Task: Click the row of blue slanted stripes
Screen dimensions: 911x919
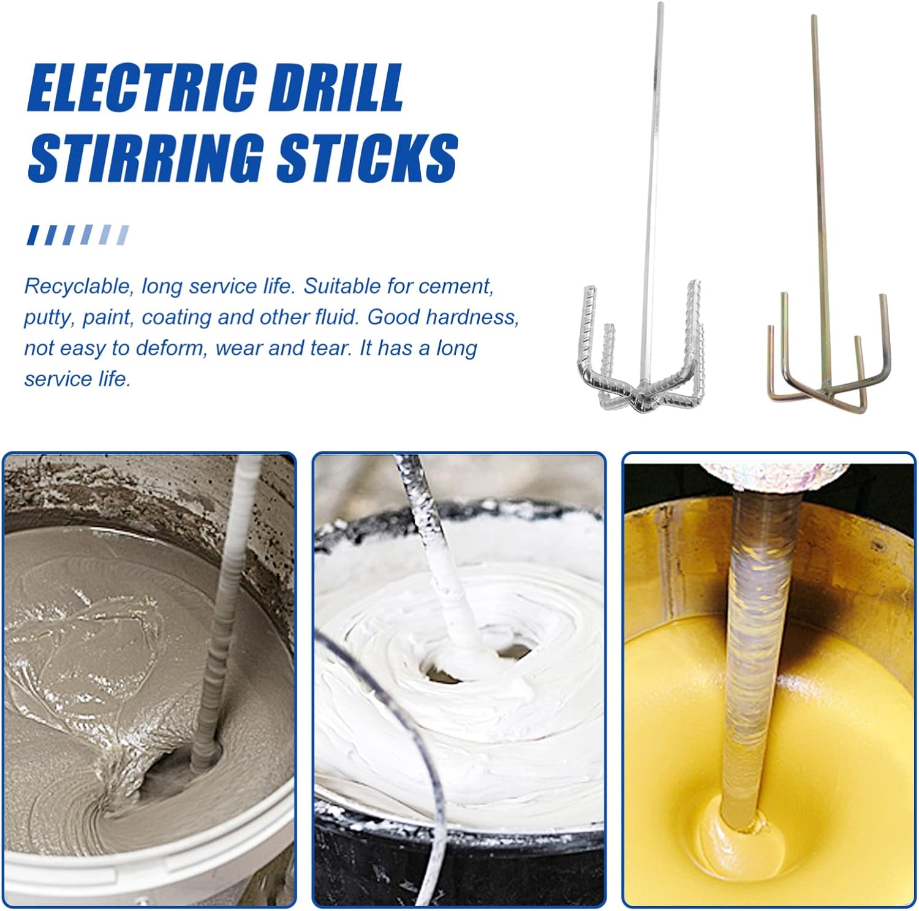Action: pyautogui.click(x=78, y=235)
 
